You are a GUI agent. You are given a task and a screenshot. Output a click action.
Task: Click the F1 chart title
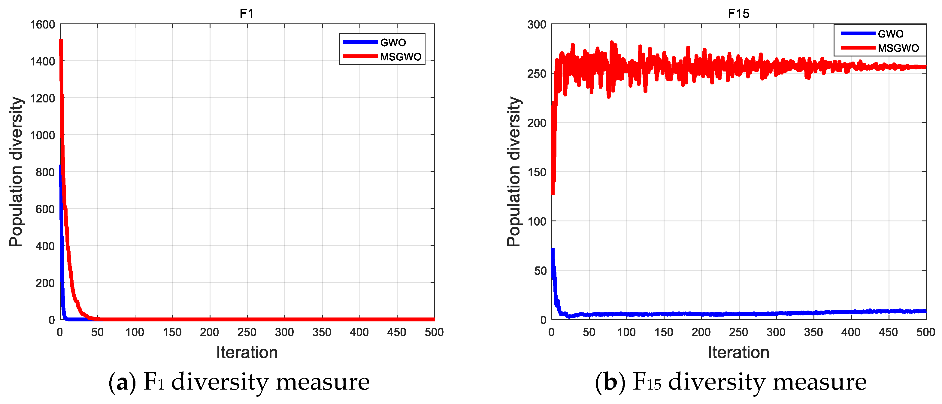pos(247,14)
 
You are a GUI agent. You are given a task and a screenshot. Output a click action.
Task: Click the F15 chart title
pos(738,14)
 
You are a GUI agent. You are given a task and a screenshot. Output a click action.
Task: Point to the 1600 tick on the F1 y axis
pos(42,25)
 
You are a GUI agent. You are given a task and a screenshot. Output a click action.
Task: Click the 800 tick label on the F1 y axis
pos(45,172)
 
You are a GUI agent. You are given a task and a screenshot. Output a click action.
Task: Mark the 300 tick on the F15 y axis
pos(537,25)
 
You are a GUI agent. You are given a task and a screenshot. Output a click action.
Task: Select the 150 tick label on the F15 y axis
pos(537,172)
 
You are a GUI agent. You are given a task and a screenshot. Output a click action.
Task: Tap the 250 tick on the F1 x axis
pos(247,332)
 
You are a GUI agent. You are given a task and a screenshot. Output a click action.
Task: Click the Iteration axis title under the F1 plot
pos(247,352)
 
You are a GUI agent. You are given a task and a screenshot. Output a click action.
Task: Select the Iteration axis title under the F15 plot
pos(738,352)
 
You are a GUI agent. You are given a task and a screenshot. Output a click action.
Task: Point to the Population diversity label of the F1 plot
pos(16,172)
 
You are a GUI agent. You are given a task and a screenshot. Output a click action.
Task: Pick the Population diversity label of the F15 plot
pos(514,172)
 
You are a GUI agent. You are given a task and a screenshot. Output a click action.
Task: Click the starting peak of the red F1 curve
pos(61,40)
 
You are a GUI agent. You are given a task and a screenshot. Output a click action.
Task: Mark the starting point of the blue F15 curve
pos(553,250)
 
